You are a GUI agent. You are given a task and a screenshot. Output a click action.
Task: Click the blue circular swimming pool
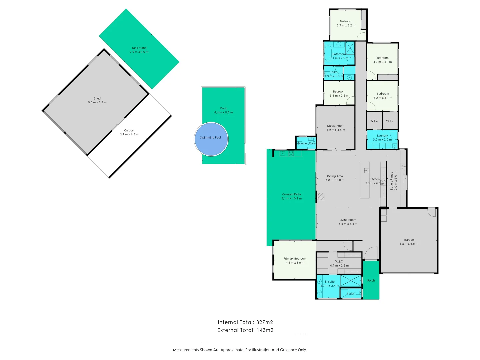click(211, 139)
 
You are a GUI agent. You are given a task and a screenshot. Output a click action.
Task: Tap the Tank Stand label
click(139, 48)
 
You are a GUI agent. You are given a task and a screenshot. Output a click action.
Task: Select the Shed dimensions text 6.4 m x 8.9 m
click(97, 102)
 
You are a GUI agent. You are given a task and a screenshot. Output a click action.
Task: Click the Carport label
click(129, 130)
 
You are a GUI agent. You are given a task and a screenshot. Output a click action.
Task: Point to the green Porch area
click(371, 280)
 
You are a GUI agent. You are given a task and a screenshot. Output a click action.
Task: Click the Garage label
click(409, 240)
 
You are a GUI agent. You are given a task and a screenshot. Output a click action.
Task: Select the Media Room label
click(336, 126)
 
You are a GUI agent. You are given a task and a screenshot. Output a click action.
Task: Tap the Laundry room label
click(382, 136)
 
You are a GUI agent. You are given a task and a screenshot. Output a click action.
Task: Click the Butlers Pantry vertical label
click(392, 181)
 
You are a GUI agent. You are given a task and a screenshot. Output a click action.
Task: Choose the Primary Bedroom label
click(295, 258)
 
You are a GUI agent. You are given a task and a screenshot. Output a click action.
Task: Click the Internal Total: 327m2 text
click(245, 322)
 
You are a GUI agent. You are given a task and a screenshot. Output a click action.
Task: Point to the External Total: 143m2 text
click(245, 330)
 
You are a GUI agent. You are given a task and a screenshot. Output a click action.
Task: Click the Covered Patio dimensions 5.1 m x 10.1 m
click(291, 198)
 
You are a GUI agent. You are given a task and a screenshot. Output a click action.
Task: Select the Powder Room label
click(307, 143)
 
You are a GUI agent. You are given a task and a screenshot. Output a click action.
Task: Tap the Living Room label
click(348, 220)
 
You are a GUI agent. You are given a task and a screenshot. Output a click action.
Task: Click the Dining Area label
click(335, 176)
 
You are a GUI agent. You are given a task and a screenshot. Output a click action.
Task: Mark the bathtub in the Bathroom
click(328, 53)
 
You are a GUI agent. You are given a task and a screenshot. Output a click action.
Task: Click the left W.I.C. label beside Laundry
click(374, 121)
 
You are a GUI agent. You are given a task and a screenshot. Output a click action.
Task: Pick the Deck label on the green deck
click(223, 108)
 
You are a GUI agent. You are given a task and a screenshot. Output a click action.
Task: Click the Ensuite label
click(330, 281)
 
